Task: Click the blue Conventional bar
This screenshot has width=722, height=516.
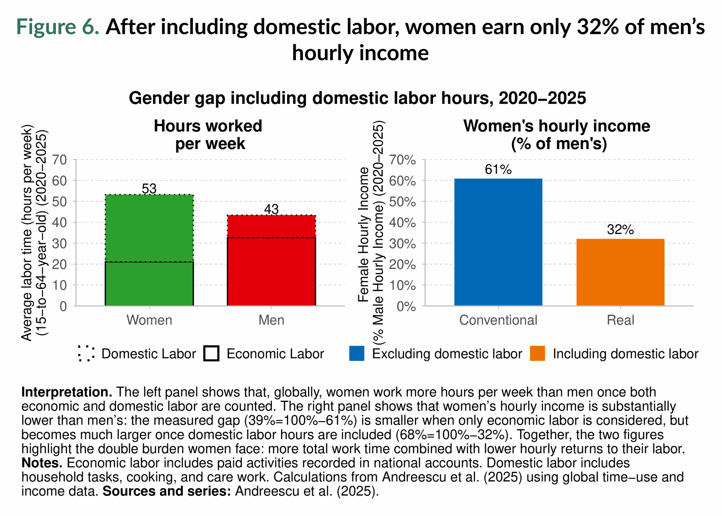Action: (498, 242)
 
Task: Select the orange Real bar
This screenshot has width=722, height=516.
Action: (620, 272)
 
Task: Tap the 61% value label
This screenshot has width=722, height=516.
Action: (498, 169)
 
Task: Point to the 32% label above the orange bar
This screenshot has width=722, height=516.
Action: (620, 230)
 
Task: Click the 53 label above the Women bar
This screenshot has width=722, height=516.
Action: (149, 188)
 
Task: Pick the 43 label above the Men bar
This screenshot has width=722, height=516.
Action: (271, 209)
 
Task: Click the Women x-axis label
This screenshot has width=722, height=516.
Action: (149, 320)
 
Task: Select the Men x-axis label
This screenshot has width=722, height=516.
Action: (271, 320)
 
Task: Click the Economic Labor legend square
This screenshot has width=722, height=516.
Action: (211, 353)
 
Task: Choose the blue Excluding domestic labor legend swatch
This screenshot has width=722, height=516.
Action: (356, 353)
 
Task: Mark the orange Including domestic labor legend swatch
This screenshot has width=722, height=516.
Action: (537, 353)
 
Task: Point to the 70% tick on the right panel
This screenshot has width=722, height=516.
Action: (402, 160)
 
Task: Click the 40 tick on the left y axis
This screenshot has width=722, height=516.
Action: (60, 222)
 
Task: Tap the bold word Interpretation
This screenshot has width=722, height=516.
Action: (66, 392)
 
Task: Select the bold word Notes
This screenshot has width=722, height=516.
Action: (42, 463)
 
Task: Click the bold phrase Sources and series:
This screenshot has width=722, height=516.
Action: (166, 491)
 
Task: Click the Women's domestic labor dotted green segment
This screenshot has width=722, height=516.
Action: (149, 228)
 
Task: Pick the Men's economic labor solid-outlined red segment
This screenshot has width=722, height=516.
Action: (271, 272)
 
